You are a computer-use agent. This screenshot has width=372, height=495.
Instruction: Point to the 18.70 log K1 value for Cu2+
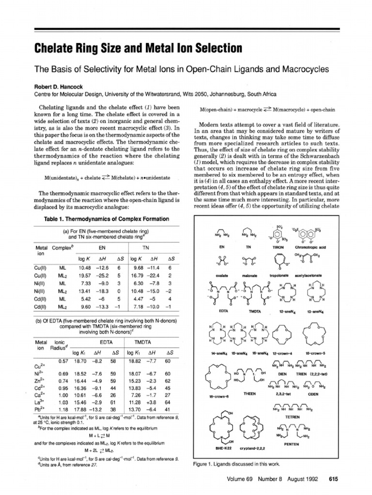(80, 361)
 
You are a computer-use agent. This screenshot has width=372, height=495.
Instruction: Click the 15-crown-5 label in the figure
(316, 354)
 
